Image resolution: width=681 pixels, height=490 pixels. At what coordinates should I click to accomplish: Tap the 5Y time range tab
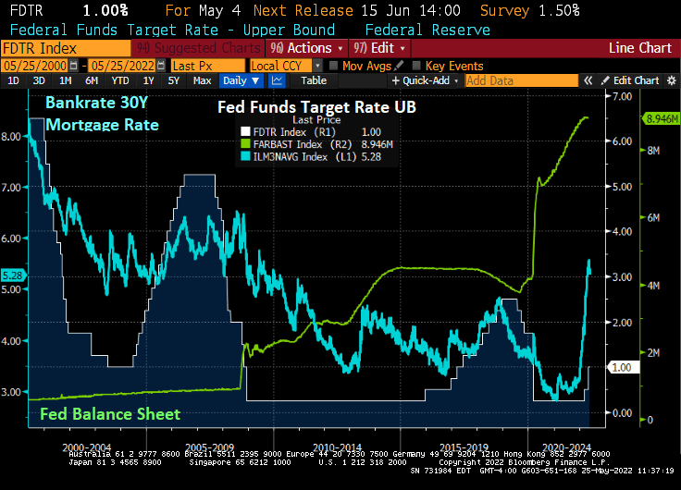pyautogui.click(x=174, y=80)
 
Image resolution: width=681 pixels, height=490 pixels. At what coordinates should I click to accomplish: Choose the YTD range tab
pyautogui.click(x=122, y=80)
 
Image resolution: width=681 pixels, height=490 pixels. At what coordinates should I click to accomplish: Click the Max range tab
pyautogui.click(x=202, y=80)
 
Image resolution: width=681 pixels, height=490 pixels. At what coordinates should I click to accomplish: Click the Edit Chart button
pyautogui.click(x=633, y=80)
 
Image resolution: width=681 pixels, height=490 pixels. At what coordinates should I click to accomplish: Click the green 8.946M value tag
pyautogui.click(x=656, y=119)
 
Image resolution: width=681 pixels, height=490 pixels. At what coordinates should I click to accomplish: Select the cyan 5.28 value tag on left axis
pyautogui.click(x=14, y=276)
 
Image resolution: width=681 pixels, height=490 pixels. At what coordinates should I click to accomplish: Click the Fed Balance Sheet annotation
pyautogui.click(x=110, y=413)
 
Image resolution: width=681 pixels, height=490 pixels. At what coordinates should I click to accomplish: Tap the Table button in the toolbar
pyautogui.click(x=314, y=80)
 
